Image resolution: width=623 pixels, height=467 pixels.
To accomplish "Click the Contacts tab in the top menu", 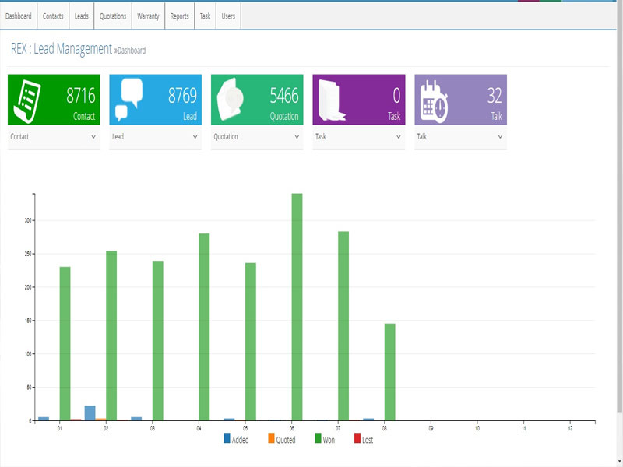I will point(53,16).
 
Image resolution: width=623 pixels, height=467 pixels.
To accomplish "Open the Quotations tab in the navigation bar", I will point(113,16).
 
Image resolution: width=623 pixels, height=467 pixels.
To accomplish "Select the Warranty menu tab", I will point(148,16).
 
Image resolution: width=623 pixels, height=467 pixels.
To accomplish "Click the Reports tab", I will point(179,16).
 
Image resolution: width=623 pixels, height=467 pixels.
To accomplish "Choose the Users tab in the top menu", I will point(228,16).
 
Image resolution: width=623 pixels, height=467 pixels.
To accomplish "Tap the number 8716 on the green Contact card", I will point(80,96).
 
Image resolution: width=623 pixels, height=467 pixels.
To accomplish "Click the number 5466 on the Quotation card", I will point(283,96).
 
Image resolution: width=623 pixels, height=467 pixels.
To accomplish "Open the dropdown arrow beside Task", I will point(399,136).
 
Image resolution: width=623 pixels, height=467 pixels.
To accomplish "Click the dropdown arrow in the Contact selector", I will point(93,136).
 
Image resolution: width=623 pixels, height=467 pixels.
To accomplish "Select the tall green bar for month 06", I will point(297,307).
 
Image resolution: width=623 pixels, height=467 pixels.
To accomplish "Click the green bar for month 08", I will point(389,372).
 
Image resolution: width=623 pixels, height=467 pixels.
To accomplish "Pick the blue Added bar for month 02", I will point(90,413).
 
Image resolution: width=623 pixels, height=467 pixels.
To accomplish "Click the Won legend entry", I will point(326,440).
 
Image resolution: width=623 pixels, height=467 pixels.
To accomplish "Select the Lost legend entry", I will point(364,440).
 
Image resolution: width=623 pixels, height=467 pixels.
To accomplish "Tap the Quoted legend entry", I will point(281,440).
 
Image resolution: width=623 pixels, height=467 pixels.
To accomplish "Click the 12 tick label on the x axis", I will point(571,428).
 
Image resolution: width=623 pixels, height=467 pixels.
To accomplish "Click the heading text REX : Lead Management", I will point(62,49).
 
